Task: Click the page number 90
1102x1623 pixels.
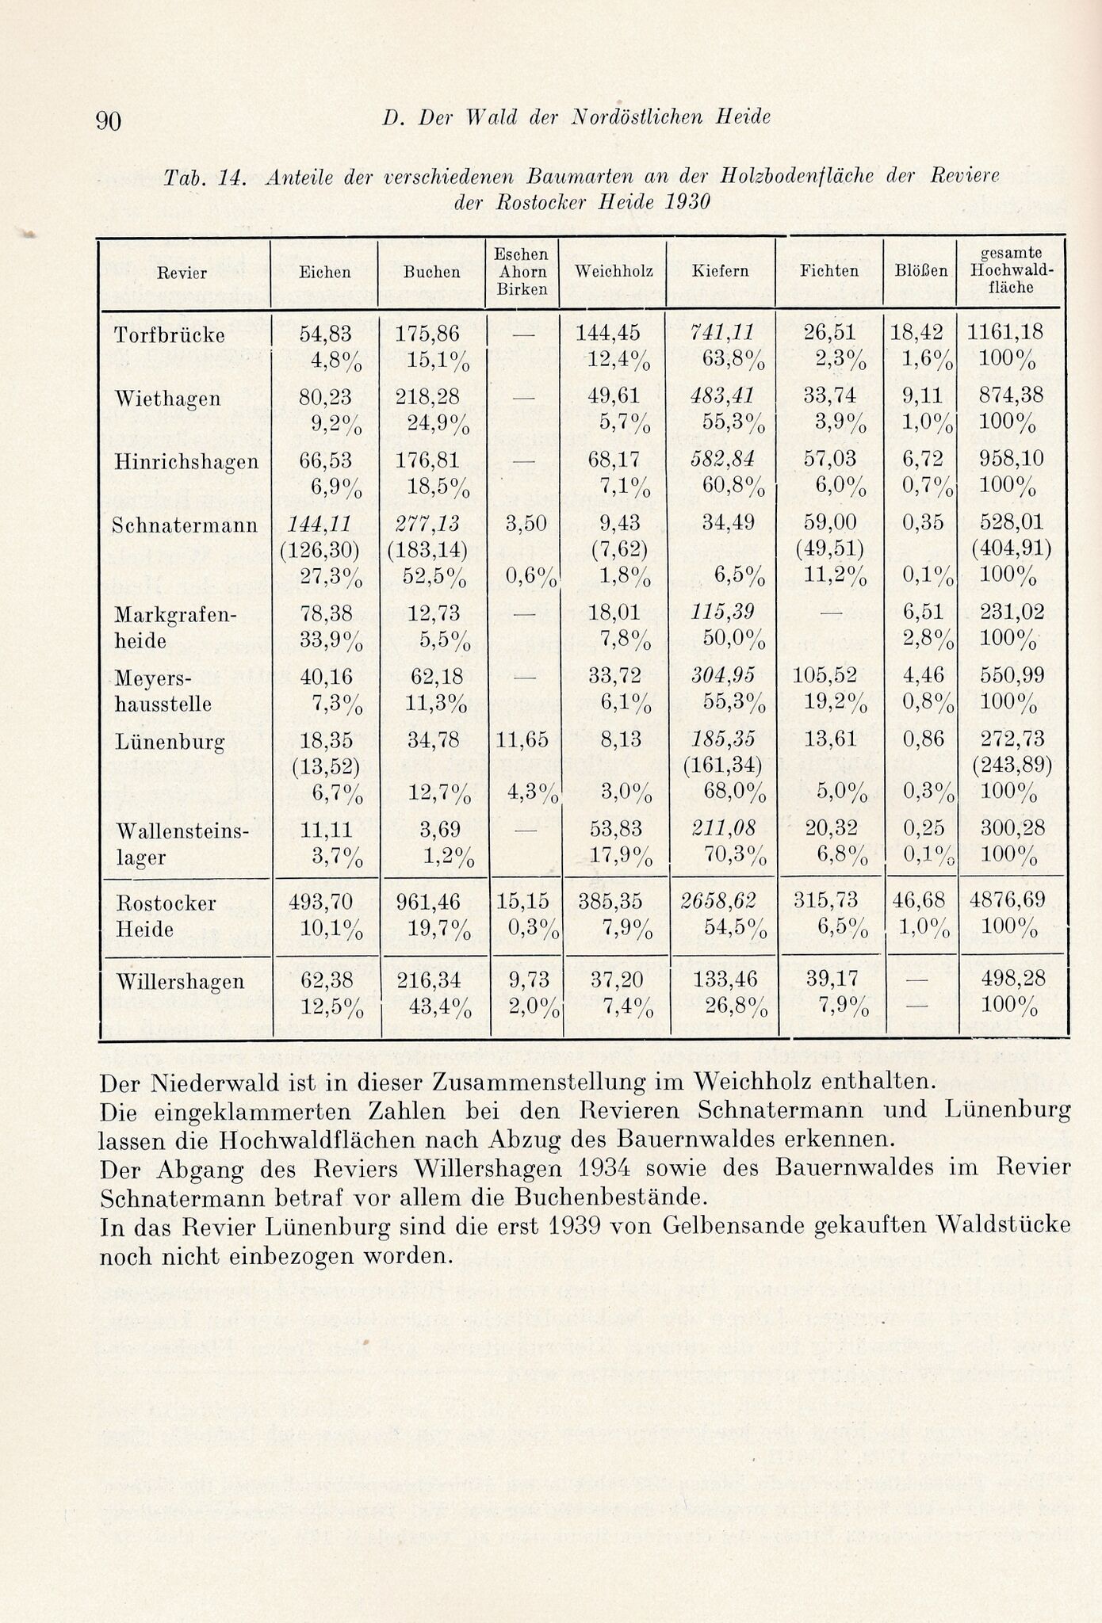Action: pyautogui.click(x=108, y=120)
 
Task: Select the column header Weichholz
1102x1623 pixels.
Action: pyautogui.click(x=614, y=271)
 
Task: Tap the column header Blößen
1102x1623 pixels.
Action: pyautogui.click(x=920, y=271)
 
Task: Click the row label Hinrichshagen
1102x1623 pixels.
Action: pyautogui.click(x=186, y=461)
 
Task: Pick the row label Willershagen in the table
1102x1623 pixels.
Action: pyautogui.click(x=180, y=981)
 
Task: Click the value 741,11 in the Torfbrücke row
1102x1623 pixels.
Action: pyautogui.click(x=721, y=332)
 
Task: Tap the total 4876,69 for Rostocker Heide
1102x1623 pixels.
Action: pyautogui.click(x=1007, y=900)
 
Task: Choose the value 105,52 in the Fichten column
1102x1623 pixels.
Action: pyautogui.click(x=827, y=676)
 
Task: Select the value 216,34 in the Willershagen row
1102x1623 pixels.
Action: pyautogui.click(x=428, y=979)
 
